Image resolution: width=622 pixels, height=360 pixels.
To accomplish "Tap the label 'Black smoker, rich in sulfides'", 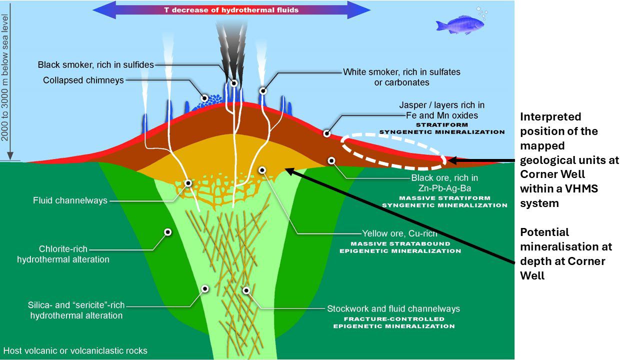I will click(x=96, y=64).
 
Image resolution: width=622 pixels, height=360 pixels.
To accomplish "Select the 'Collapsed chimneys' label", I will click(x=83, y=80).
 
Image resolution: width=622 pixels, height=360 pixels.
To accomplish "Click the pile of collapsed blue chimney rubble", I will click(x=205, y=101).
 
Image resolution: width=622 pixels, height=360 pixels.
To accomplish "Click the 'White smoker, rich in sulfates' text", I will click(x=401, y=72).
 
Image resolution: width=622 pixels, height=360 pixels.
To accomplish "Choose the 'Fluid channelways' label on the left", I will click(x=70, y=200).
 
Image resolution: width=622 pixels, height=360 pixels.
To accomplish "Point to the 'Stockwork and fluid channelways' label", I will click(x=393, y=308).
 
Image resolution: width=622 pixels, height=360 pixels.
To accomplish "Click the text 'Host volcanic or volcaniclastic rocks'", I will click(x=75, y=350).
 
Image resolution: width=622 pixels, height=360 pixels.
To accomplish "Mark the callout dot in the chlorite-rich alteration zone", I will click(x=168, y=232).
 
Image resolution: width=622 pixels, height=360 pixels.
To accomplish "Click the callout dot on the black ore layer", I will click(x=331, y=160).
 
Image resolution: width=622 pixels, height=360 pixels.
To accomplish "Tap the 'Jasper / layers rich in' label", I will click(x=442, y=105).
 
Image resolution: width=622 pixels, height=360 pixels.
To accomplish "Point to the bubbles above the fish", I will click(x=481, y=11).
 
